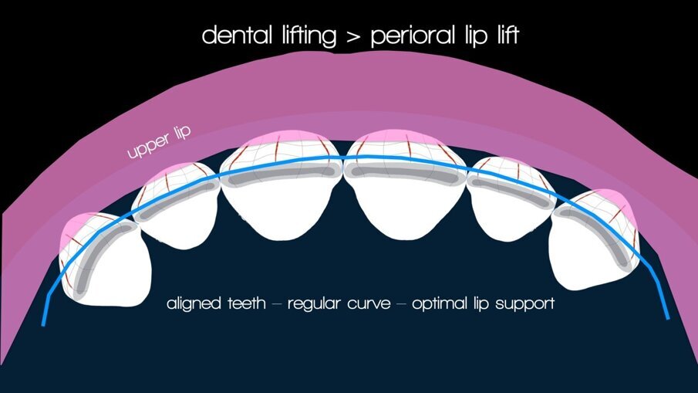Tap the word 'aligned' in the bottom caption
tap(194, 303)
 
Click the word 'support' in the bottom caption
tap(525, 304)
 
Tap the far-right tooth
tap(592, 243)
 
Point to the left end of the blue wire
tap(42, 324)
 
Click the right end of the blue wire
tap(667, 316)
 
